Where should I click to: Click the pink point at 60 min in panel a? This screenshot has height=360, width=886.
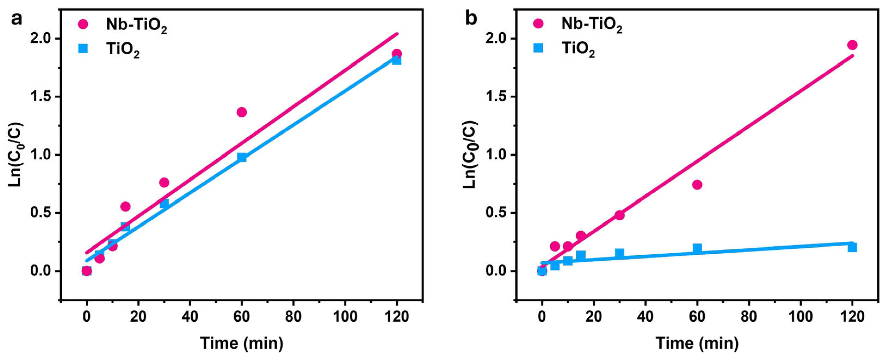(x=242, y=112)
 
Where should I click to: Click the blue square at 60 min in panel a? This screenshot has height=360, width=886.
(x=242, y=157)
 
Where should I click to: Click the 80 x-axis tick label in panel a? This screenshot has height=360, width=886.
(x=293, y=316)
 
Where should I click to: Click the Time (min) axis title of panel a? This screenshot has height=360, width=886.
(x=242, y=343)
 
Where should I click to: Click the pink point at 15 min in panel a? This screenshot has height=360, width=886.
(x=125, y=206)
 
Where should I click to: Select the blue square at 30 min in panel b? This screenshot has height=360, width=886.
(x=620, y=254)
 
